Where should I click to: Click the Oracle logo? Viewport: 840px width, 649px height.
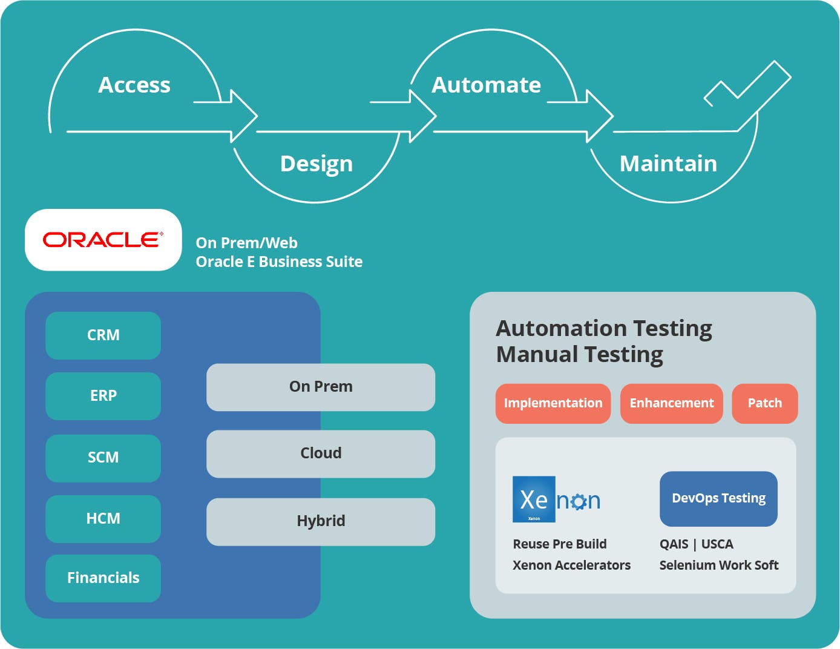103,240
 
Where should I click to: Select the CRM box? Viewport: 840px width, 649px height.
103,335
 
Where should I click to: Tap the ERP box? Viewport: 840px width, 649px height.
103,396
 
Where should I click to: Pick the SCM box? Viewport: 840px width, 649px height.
103,458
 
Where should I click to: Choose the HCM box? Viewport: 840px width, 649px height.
103,519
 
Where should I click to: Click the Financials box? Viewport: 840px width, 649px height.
103,578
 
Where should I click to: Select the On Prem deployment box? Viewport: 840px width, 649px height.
321,387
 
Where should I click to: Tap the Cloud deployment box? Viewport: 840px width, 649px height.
321,453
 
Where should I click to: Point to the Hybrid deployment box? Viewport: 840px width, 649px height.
321,521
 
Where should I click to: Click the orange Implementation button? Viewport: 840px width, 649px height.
553,403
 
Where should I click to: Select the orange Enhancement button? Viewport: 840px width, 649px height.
671,403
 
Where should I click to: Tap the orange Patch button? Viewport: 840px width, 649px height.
765,403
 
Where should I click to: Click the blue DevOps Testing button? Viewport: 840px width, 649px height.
718,498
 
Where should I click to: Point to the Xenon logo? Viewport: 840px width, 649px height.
556,499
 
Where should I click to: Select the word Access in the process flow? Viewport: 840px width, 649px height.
134,85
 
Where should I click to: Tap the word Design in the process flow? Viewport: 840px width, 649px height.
317,164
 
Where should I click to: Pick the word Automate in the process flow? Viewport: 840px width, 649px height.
486,85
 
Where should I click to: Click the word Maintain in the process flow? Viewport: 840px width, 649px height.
668,164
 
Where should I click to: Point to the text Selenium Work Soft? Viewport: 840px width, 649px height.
718,565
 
